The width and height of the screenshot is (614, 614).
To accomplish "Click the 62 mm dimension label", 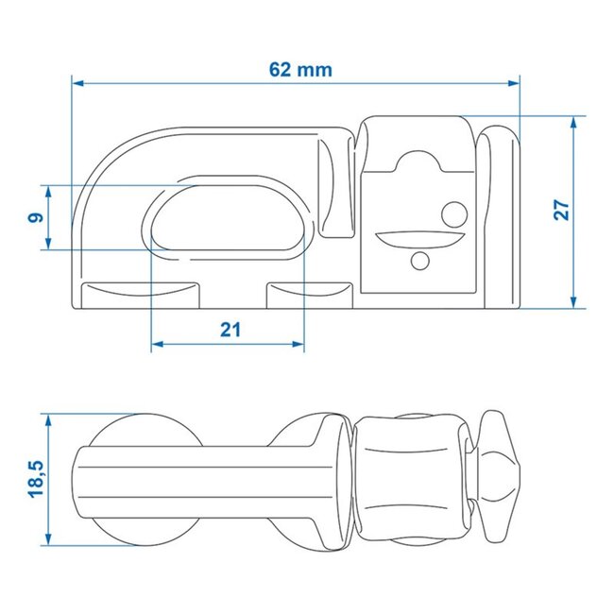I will point(297,69).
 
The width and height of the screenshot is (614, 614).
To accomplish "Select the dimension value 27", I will point(561,210).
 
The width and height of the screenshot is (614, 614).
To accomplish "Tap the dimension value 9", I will point(34,217).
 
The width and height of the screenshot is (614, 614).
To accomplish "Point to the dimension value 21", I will point(230,330).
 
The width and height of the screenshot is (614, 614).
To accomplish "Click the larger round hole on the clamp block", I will point(454,213).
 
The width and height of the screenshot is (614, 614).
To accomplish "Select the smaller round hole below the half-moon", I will point(420,260).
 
